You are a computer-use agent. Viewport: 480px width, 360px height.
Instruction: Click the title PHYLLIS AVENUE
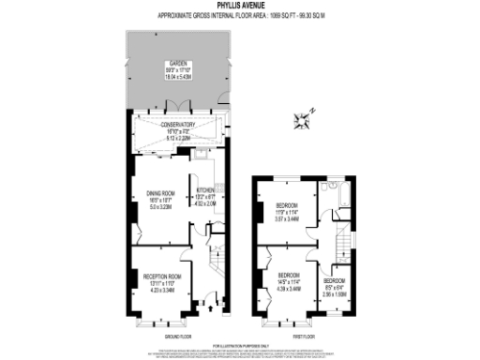coord(239,5)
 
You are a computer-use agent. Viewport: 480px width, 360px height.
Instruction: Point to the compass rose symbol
coord(303,119)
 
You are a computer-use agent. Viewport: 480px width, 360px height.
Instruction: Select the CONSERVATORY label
coord(177,125)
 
